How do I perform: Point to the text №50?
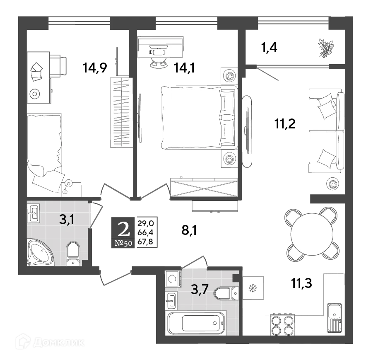123,243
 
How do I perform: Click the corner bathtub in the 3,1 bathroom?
40,251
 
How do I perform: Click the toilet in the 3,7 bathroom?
224,293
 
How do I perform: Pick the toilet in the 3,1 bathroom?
73,253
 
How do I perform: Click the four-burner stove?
282,325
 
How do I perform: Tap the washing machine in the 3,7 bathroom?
172,279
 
